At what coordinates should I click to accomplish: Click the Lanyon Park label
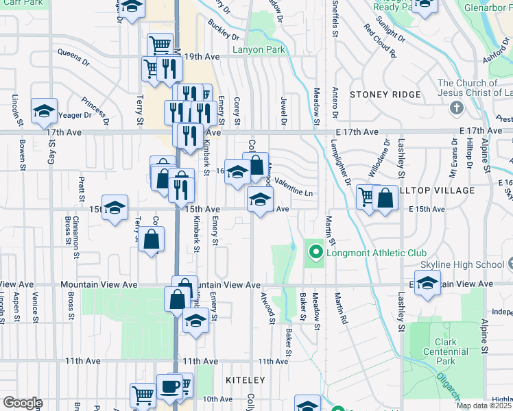click(x=258, y=50)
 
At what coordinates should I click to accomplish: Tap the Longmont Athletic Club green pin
click(x=315, y=253)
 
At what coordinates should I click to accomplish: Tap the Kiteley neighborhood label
click(x=245, y=379)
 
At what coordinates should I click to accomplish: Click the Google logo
click(x=22, y=403)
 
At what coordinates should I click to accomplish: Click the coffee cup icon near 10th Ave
click(x=169, y=386)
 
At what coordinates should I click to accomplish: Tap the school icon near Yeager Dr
click(x=44, y=110)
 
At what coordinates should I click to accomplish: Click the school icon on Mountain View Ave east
click(x=427, y=283)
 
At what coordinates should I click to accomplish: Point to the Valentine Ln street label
click(x=295, y=193)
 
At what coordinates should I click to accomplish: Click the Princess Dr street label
click(x=94, y=110)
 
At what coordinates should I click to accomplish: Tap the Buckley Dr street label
click(x=223, y=32)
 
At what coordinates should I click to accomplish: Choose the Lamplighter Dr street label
click(x=339, y=164)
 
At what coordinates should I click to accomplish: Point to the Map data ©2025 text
click(x=484, y=406)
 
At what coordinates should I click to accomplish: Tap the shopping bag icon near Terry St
click(x=151, y=240)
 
